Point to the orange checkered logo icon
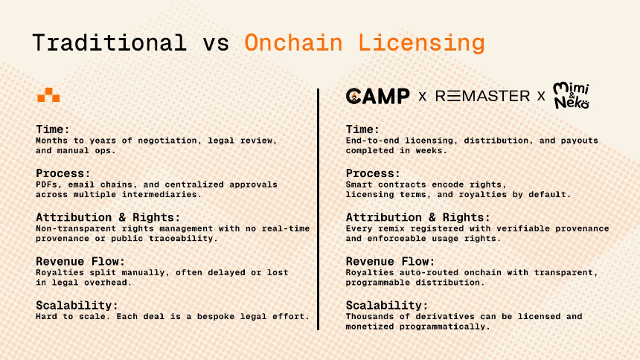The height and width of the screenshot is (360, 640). point(48,95)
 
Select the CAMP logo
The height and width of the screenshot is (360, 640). point(378,96)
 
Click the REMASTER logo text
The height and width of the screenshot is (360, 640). point(482,96)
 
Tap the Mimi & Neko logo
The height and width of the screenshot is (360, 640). point(572,95)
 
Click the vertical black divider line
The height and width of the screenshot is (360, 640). point(319,209)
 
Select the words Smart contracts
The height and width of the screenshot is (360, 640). point(383,184)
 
